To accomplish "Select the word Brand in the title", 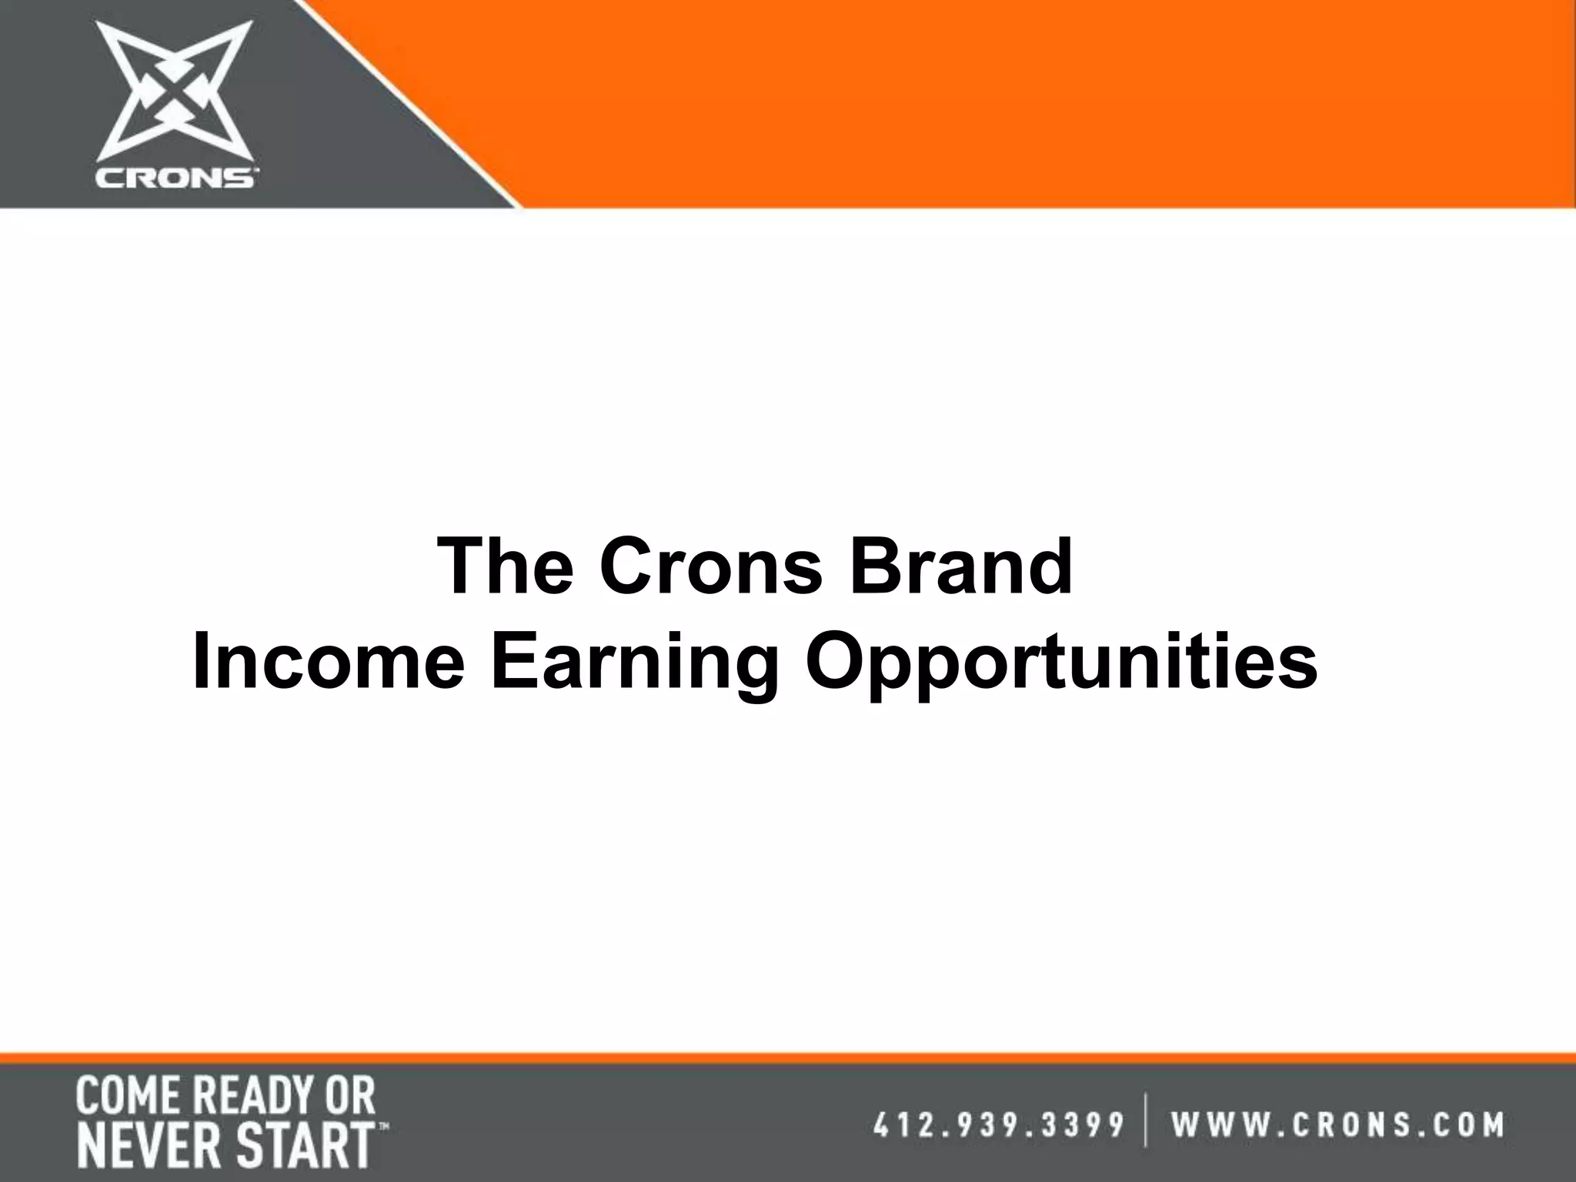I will [x=961, y=567].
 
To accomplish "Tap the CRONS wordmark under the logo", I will [x=176, y=179].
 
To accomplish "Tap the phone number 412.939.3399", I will [x=998, y=1124].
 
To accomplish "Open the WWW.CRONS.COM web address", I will [x=1338, y=1124].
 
